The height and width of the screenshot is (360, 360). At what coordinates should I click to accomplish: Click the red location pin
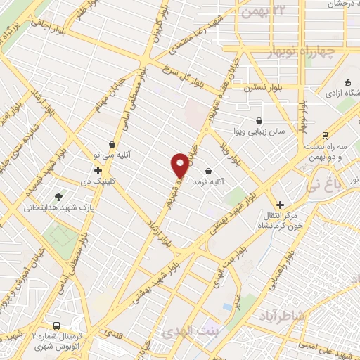(181, 166)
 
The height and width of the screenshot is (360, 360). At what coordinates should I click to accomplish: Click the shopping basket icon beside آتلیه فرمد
(208, 171)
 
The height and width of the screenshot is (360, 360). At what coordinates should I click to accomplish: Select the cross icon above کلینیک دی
(98, 170)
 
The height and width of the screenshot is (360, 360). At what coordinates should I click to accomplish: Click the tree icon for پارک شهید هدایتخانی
(58, 198)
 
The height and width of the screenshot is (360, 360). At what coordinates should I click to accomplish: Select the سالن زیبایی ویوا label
(259, 131)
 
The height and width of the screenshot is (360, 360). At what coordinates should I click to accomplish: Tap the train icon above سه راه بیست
(324, 136)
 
